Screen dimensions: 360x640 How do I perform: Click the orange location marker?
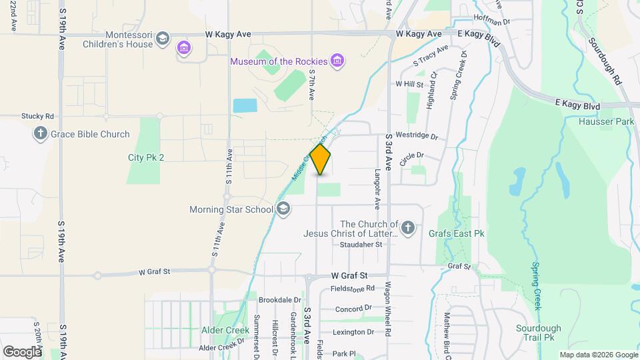(321, 160)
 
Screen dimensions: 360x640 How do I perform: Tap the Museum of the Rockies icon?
(337, 61)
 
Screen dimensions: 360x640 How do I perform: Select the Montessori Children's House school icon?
(162, 39)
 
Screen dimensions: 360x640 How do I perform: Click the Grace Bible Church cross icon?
(40, 134)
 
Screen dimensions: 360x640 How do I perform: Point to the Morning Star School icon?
(283, 209)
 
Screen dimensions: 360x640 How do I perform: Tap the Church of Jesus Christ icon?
(408, 229)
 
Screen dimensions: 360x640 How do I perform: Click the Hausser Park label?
(597, 122)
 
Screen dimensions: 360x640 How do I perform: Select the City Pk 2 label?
(146, 157)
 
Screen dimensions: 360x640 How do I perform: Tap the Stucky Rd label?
(37, 115)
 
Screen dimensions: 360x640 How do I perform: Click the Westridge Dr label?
(417, 137)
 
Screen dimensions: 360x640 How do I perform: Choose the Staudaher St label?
(360, 245)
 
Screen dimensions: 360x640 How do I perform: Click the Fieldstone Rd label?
(353, 289)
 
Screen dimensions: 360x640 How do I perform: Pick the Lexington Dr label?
(353, 332)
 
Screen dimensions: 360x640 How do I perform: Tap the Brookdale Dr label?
(280, 300)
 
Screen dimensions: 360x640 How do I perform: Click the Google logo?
(22, 351)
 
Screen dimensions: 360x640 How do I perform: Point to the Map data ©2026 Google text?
(598, 355)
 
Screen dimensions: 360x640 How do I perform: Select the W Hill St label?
(409, 85)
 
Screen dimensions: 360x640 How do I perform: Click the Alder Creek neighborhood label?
(225, 330)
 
